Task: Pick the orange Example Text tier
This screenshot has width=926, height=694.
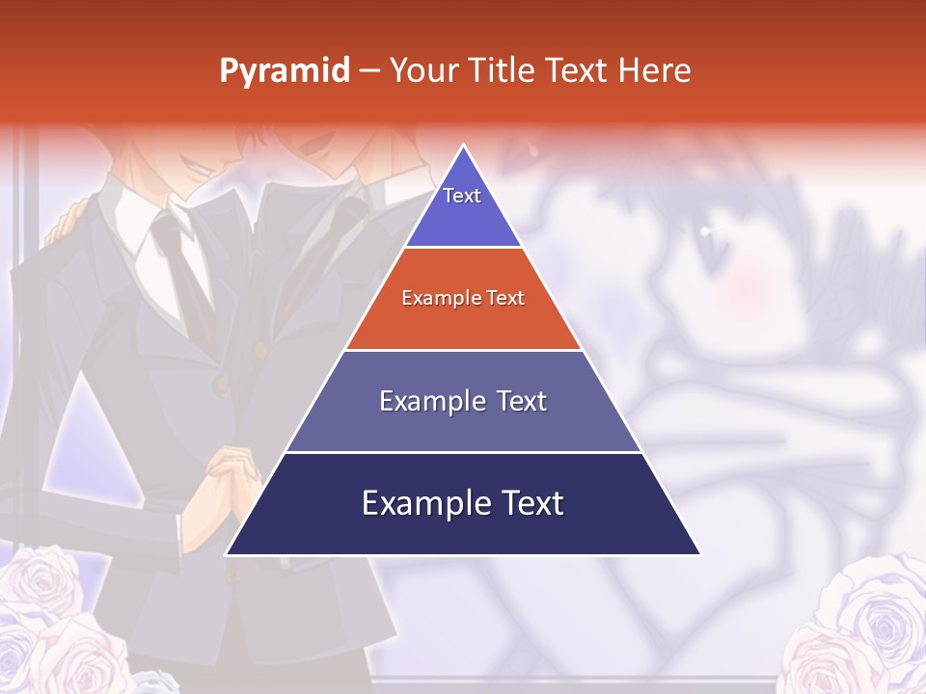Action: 463,299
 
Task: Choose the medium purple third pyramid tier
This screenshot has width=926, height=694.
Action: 463,402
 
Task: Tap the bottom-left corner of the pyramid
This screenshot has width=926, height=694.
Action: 228,553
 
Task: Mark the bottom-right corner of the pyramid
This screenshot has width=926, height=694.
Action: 699,553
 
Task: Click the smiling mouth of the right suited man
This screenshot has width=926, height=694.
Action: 313,154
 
